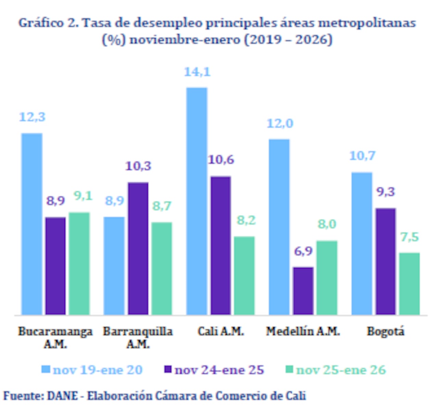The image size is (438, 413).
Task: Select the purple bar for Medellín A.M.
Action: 304,291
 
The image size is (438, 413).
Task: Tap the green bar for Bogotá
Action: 410,283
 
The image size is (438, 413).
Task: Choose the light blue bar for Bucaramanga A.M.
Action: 32,224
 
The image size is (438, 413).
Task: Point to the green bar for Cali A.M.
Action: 244,275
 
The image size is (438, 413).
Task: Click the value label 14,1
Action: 197,72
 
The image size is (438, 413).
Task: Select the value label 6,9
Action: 304,251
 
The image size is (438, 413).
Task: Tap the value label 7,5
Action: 410,237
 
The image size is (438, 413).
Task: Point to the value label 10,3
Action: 138,166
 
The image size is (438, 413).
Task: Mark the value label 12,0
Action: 280,123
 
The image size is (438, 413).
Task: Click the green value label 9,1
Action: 83,196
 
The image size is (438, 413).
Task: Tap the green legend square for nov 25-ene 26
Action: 289,370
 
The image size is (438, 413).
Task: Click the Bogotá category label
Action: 386,331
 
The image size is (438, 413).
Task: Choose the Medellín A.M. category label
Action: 303,331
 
